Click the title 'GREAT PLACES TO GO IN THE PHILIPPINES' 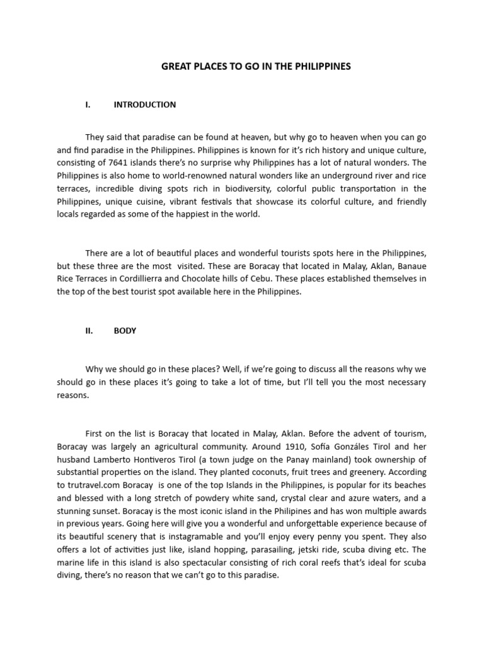256,66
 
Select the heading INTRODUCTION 144,105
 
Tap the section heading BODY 125,331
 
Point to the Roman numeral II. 89,331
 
